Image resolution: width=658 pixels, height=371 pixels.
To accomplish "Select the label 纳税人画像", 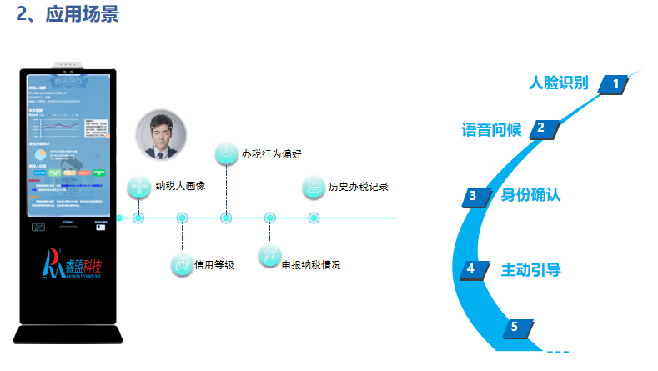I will [x=180, y=186].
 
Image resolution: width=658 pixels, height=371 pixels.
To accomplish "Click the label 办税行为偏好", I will [x=273, y=153].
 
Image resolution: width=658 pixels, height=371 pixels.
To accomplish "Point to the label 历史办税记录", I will [x=358, y=186].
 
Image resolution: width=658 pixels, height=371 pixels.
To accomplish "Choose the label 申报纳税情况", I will [x=310, y=265].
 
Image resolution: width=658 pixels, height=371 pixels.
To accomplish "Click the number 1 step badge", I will [x=615, y=83].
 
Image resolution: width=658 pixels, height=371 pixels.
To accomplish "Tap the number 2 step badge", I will [x=540, y=128].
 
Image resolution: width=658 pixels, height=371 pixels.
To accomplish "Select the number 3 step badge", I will [x=473, y=196].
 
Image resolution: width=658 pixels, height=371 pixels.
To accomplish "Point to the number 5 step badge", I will [x=515, y=327].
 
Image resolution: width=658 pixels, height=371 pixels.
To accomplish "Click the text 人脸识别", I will [x=559, y=83].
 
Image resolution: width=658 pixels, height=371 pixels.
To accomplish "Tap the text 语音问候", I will [x=491, y=129].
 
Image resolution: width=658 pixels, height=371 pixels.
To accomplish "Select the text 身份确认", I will [x=530, y=196].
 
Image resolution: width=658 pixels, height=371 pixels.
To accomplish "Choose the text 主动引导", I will [x=530, y=269].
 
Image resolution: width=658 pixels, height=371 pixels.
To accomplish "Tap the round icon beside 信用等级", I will [x=182, y=264].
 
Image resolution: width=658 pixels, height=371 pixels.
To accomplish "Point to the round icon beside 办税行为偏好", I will [x=226, y=153].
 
